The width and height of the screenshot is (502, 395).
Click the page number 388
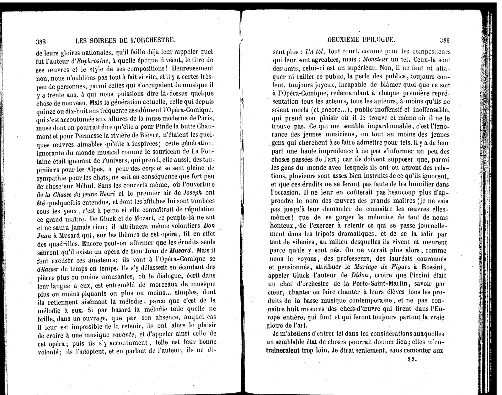(x=41, y=41)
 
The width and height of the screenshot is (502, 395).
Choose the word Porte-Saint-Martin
(x=377, y=284)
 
